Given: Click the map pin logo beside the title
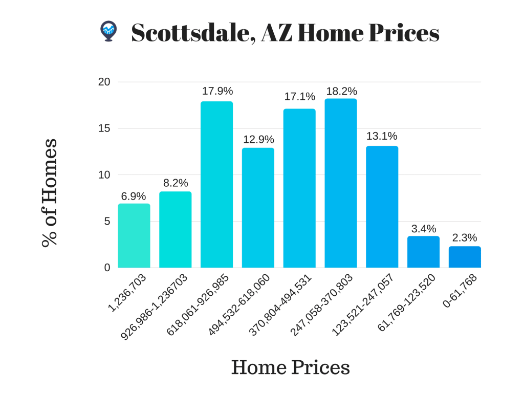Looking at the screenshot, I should tap(108, 31).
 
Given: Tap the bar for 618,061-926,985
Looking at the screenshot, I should tap(216, 184).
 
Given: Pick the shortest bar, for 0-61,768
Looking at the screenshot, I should tap(465, 257).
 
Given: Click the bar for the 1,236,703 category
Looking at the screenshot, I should tap(134, 235).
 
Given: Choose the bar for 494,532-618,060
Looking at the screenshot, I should tap(258, 207).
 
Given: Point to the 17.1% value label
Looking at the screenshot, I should tap(299, 97).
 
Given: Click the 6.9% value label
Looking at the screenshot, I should tap(134, 196).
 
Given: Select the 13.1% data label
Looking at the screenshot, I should tap(382, 136).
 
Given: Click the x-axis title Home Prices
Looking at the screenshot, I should tap(290, 367).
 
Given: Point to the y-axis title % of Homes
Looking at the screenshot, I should tap(50, 192).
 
